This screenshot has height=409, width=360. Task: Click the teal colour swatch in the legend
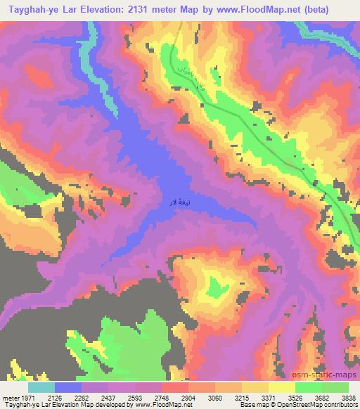pos(41,387)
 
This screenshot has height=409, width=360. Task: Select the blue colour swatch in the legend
pos(69,387)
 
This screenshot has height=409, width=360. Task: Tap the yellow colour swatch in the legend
pos(281,387)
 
